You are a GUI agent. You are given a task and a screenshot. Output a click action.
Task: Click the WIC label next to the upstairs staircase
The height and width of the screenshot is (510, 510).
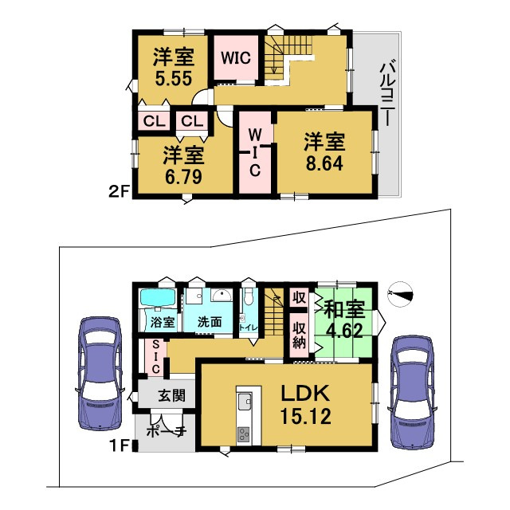[236, 58]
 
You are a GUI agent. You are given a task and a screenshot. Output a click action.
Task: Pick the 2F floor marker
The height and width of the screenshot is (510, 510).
[119, 190]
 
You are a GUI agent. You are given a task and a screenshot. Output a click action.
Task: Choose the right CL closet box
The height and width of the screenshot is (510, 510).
[191, 121]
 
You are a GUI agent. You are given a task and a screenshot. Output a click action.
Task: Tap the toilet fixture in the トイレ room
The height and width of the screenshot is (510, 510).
[249, 300]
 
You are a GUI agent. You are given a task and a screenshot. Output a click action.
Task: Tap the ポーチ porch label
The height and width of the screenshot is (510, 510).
[167, 432]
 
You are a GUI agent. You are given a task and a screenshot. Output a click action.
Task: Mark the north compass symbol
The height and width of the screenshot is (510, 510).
[401, 294]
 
